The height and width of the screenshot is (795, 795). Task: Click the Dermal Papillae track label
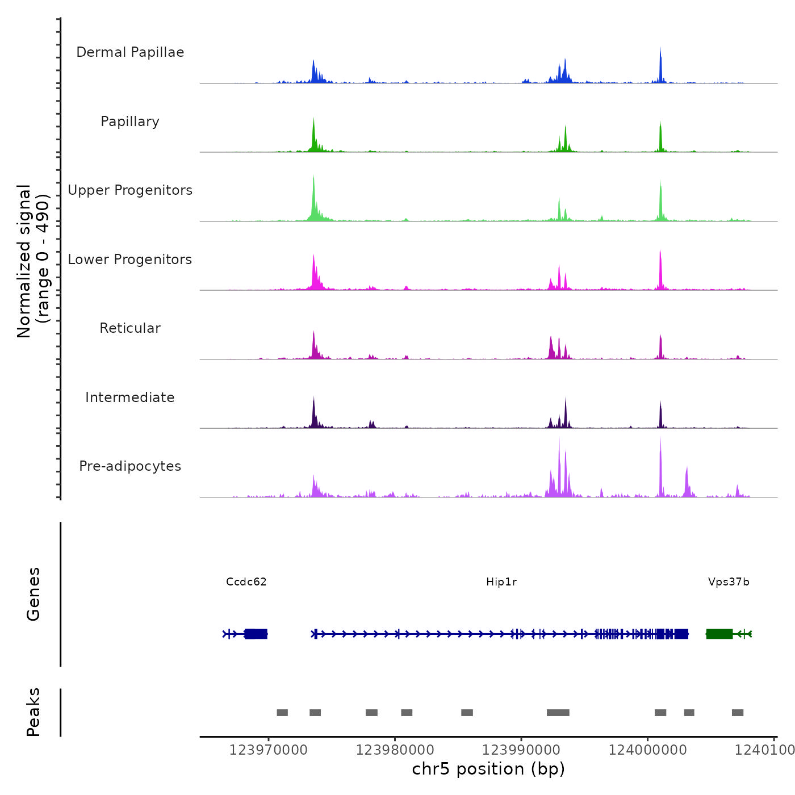[x=130, y=52]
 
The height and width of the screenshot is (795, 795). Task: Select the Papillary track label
[x=130, y=122]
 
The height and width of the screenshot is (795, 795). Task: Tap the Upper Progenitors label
[x=130, y=190]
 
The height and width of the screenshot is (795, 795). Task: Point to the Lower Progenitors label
[x=130, y=260]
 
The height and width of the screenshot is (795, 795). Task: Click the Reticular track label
[x=130, y=328]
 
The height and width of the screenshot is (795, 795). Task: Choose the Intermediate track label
[x=130, y=397]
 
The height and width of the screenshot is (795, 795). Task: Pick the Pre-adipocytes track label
[x=130, y=466]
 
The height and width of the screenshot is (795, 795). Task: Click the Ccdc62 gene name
[x=246, y=582]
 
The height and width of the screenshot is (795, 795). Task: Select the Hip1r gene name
[x=501, y=582]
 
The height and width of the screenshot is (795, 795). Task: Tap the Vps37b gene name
[x=729, y=582]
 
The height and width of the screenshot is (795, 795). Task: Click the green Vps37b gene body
[x=719, y=634]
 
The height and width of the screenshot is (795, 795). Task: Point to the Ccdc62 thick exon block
[x=256, y=634]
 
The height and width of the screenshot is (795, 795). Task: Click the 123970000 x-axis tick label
[x=269, y=750]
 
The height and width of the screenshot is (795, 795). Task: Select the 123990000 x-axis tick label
[x=521, y=750]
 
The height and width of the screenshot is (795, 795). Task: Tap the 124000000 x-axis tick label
[x=648, y=750]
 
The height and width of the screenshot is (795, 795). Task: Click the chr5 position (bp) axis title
[x=488, y=769]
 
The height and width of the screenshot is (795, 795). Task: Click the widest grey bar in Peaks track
[x=558, y=713]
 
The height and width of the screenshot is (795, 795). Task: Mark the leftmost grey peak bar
[x=282, y=713]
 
